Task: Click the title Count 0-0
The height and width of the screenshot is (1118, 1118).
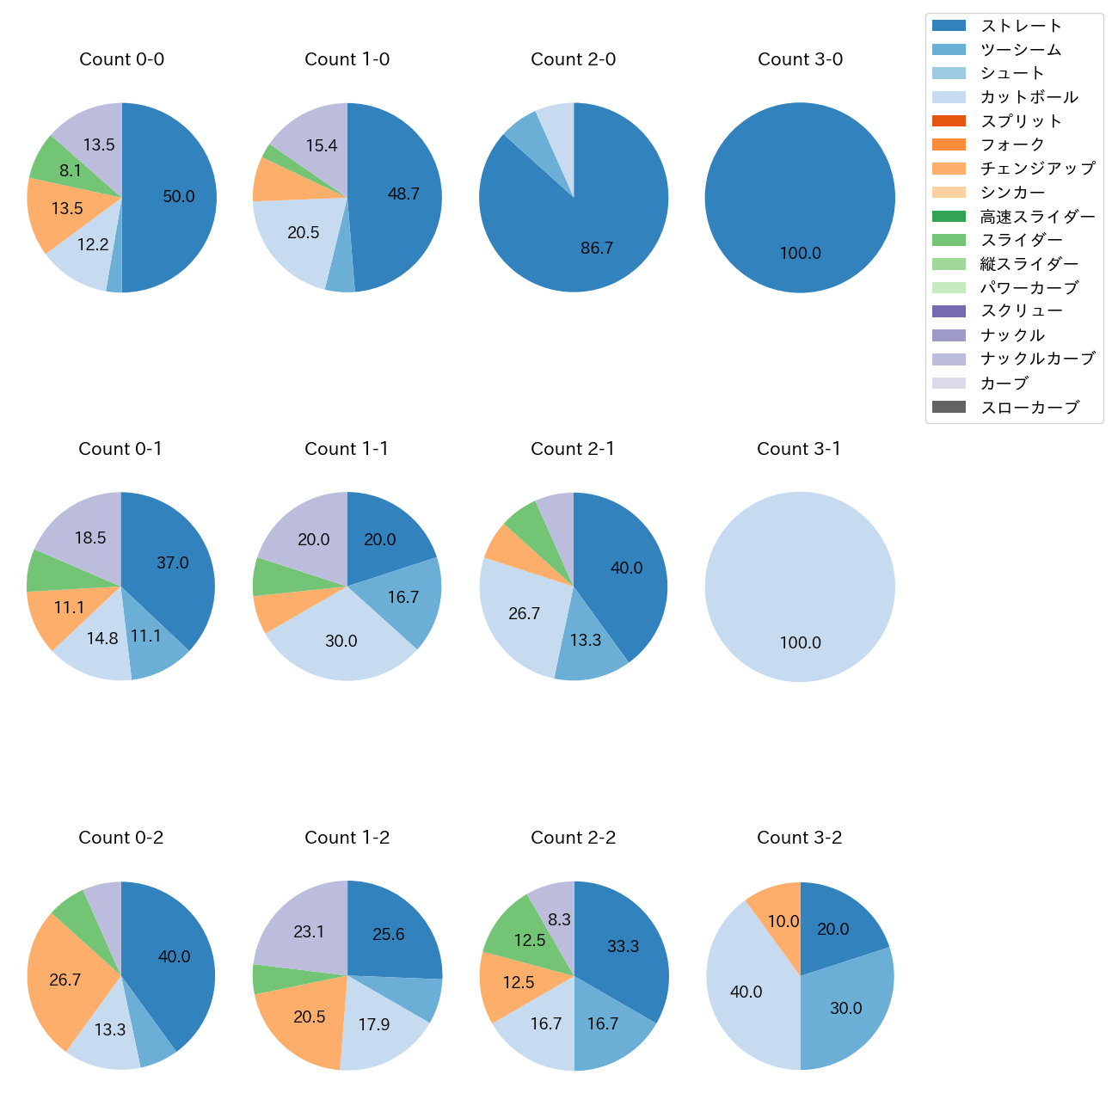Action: pos(122,59)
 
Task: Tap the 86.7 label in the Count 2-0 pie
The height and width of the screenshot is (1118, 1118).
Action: pos(597,249)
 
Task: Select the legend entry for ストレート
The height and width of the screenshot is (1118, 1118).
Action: pos(1021,26)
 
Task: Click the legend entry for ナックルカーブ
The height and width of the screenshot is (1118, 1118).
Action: pos(1037,359)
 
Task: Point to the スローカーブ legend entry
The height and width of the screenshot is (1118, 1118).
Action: pos(1029,407)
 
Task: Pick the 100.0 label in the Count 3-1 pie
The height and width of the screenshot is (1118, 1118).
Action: pos(800,642)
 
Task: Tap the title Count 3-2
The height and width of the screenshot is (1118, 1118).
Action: pos(800,838)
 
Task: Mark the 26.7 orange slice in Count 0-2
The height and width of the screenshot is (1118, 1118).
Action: pos(64,980)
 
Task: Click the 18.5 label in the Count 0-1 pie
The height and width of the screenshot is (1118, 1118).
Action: pos(90,537)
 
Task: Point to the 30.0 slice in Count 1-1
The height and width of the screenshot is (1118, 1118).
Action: pos(341,642)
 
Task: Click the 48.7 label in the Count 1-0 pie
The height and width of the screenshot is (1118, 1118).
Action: pos(403,193)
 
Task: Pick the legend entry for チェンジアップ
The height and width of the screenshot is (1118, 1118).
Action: pos(1037,169)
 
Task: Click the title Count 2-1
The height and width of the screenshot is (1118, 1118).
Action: pos(573,449)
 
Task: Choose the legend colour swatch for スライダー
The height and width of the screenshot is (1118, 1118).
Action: pos(949,240)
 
